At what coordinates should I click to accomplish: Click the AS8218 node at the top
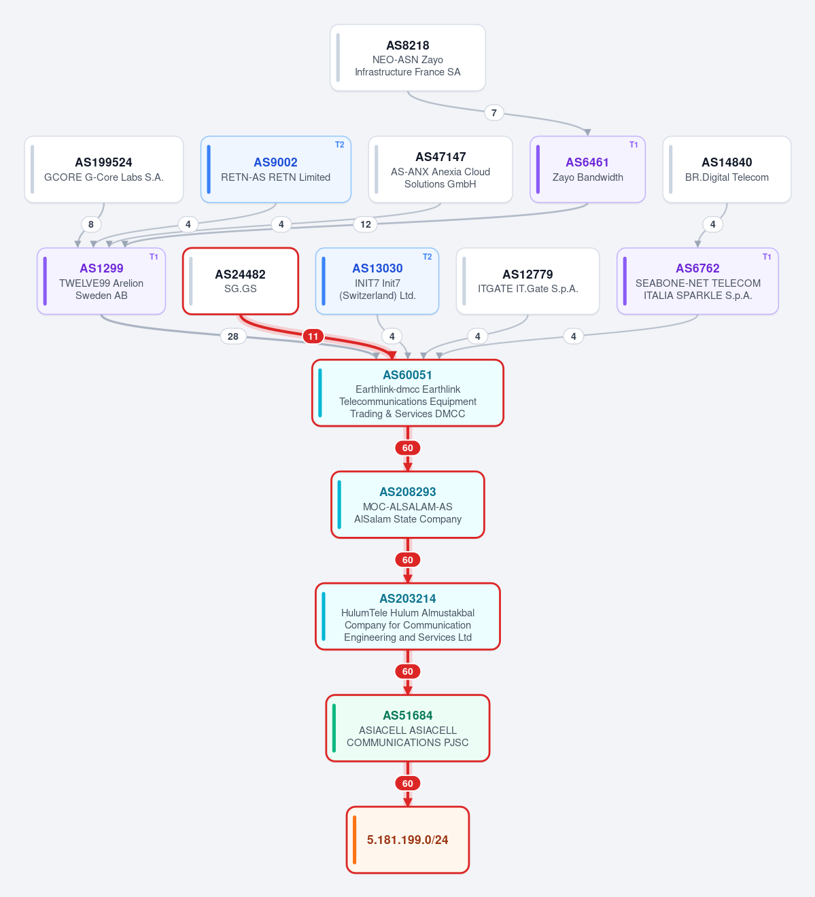coord(408,58)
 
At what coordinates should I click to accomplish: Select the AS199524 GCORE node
coord(104,169)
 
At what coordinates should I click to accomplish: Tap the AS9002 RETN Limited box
coord(275,169)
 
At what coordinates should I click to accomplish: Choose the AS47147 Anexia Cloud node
coord(440,169)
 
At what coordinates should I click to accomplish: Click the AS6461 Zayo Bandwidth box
coord(587,169)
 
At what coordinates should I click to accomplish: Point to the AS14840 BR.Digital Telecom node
coord(727,169)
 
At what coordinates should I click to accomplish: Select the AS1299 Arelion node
coord(101,281)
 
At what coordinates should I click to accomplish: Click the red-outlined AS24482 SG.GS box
coord(240,281)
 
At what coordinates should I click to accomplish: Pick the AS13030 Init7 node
coord(377,281)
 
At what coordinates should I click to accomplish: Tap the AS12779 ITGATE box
coord(528,281)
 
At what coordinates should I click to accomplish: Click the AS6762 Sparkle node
coord(698,281)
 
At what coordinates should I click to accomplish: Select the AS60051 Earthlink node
coord(408,393)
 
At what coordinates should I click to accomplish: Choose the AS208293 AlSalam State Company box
coord(408,505)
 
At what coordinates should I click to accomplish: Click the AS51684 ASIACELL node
coord(408,728)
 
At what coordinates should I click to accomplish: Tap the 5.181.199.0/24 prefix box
coord(408,840)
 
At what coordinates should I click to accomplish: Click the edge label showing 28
coord(233,336)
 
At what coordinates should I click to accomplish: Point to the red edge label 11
coord(313,336)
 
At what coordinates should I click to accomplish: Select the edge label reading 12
coord(366,224)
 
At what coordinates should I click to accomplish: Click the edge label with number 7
coord(494,113)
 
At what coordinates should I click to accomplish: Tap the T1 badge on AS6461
coord(634,145)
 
